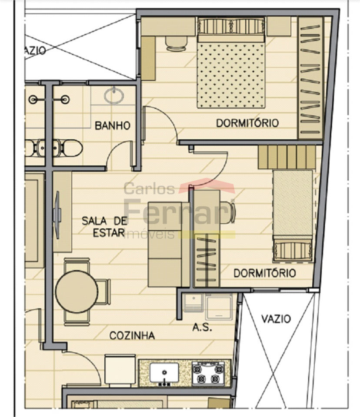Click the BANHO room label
click(x=113, y=126)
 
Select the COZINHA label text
click(x=132, y=336)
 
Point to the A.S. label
click(x=202, y=328)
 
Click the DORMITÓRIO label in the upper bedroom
click(x=247, y=123)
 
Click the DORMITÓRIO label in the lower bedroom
click(x=265, y=273)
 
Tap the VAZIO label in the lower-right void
click(x=276, y=318)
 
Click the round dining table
click(x=77, y=291)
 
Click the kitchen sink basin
click(x=164, y=373)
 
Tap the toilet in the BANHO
click(x=71, y=148)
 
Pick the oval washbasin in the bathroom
click(x=114, y=96)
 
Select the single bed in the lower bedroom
click(x=293, y=215)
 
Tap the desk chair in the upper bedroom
click(x=176, y=43)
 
